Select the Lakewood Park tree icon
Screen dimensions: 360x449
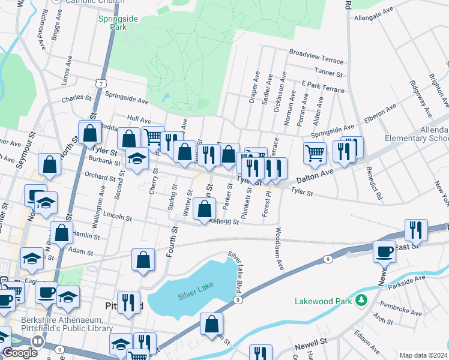click(361, 301)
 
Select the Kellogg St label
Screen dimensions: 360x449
click(224, 222)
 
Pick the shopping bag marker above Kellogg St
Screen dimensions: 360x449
click(205, 209)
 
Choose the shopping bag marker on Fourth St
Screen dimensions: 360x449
click(143, 259)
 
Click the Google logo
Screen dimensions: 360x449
click(19, 352)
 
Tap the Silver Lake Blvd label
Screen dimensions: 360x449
click(239, 273)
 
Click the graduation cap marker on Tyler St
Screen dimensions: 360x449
click(137, 159)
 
